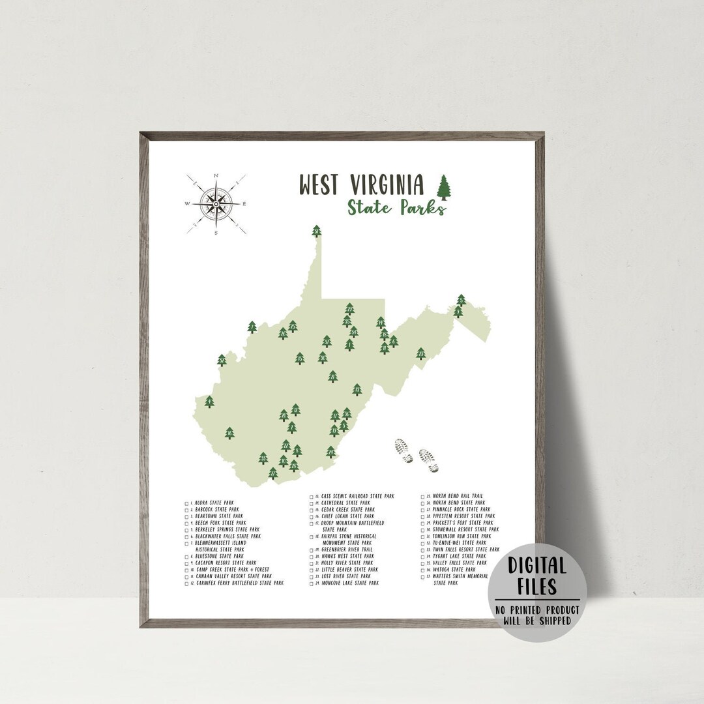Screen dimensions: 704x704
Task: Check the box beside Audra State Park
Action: (187, 503)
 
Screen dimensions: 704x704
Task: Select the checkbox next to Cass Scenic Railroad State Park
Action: (312, 497)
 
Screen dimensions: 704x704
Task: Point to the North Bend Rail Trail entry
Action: (459, 496)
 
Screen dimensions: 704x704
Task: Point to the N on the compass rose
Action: (216, 175)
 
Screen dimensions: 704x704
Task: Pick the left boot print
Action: (404, 450)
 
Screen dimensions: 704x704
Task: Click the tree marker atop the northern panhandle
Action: (317, 231)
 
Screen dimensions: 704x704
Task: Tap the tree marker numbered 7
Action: (252, 327)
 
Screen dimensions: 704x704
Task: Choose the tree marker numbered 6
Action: (394, 340)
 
